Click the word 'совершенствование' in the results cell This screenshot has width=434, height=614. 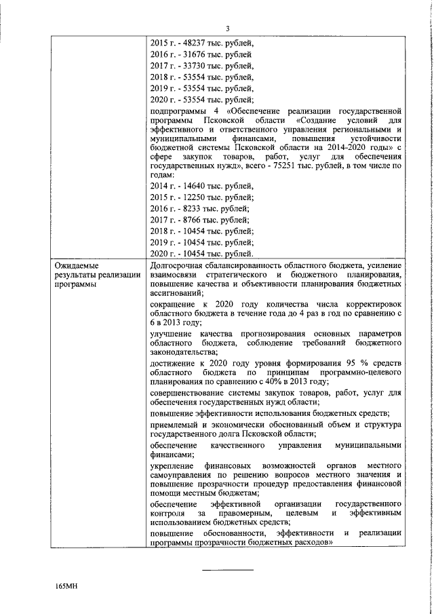click(x=189, y=393)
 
